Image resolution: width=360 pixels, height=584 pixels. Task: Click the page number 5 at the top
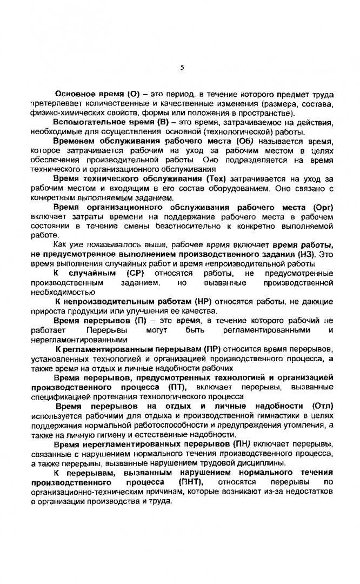point(182,68)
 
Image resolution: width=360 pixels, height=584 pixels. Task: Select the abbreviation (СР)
point(134,273)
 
